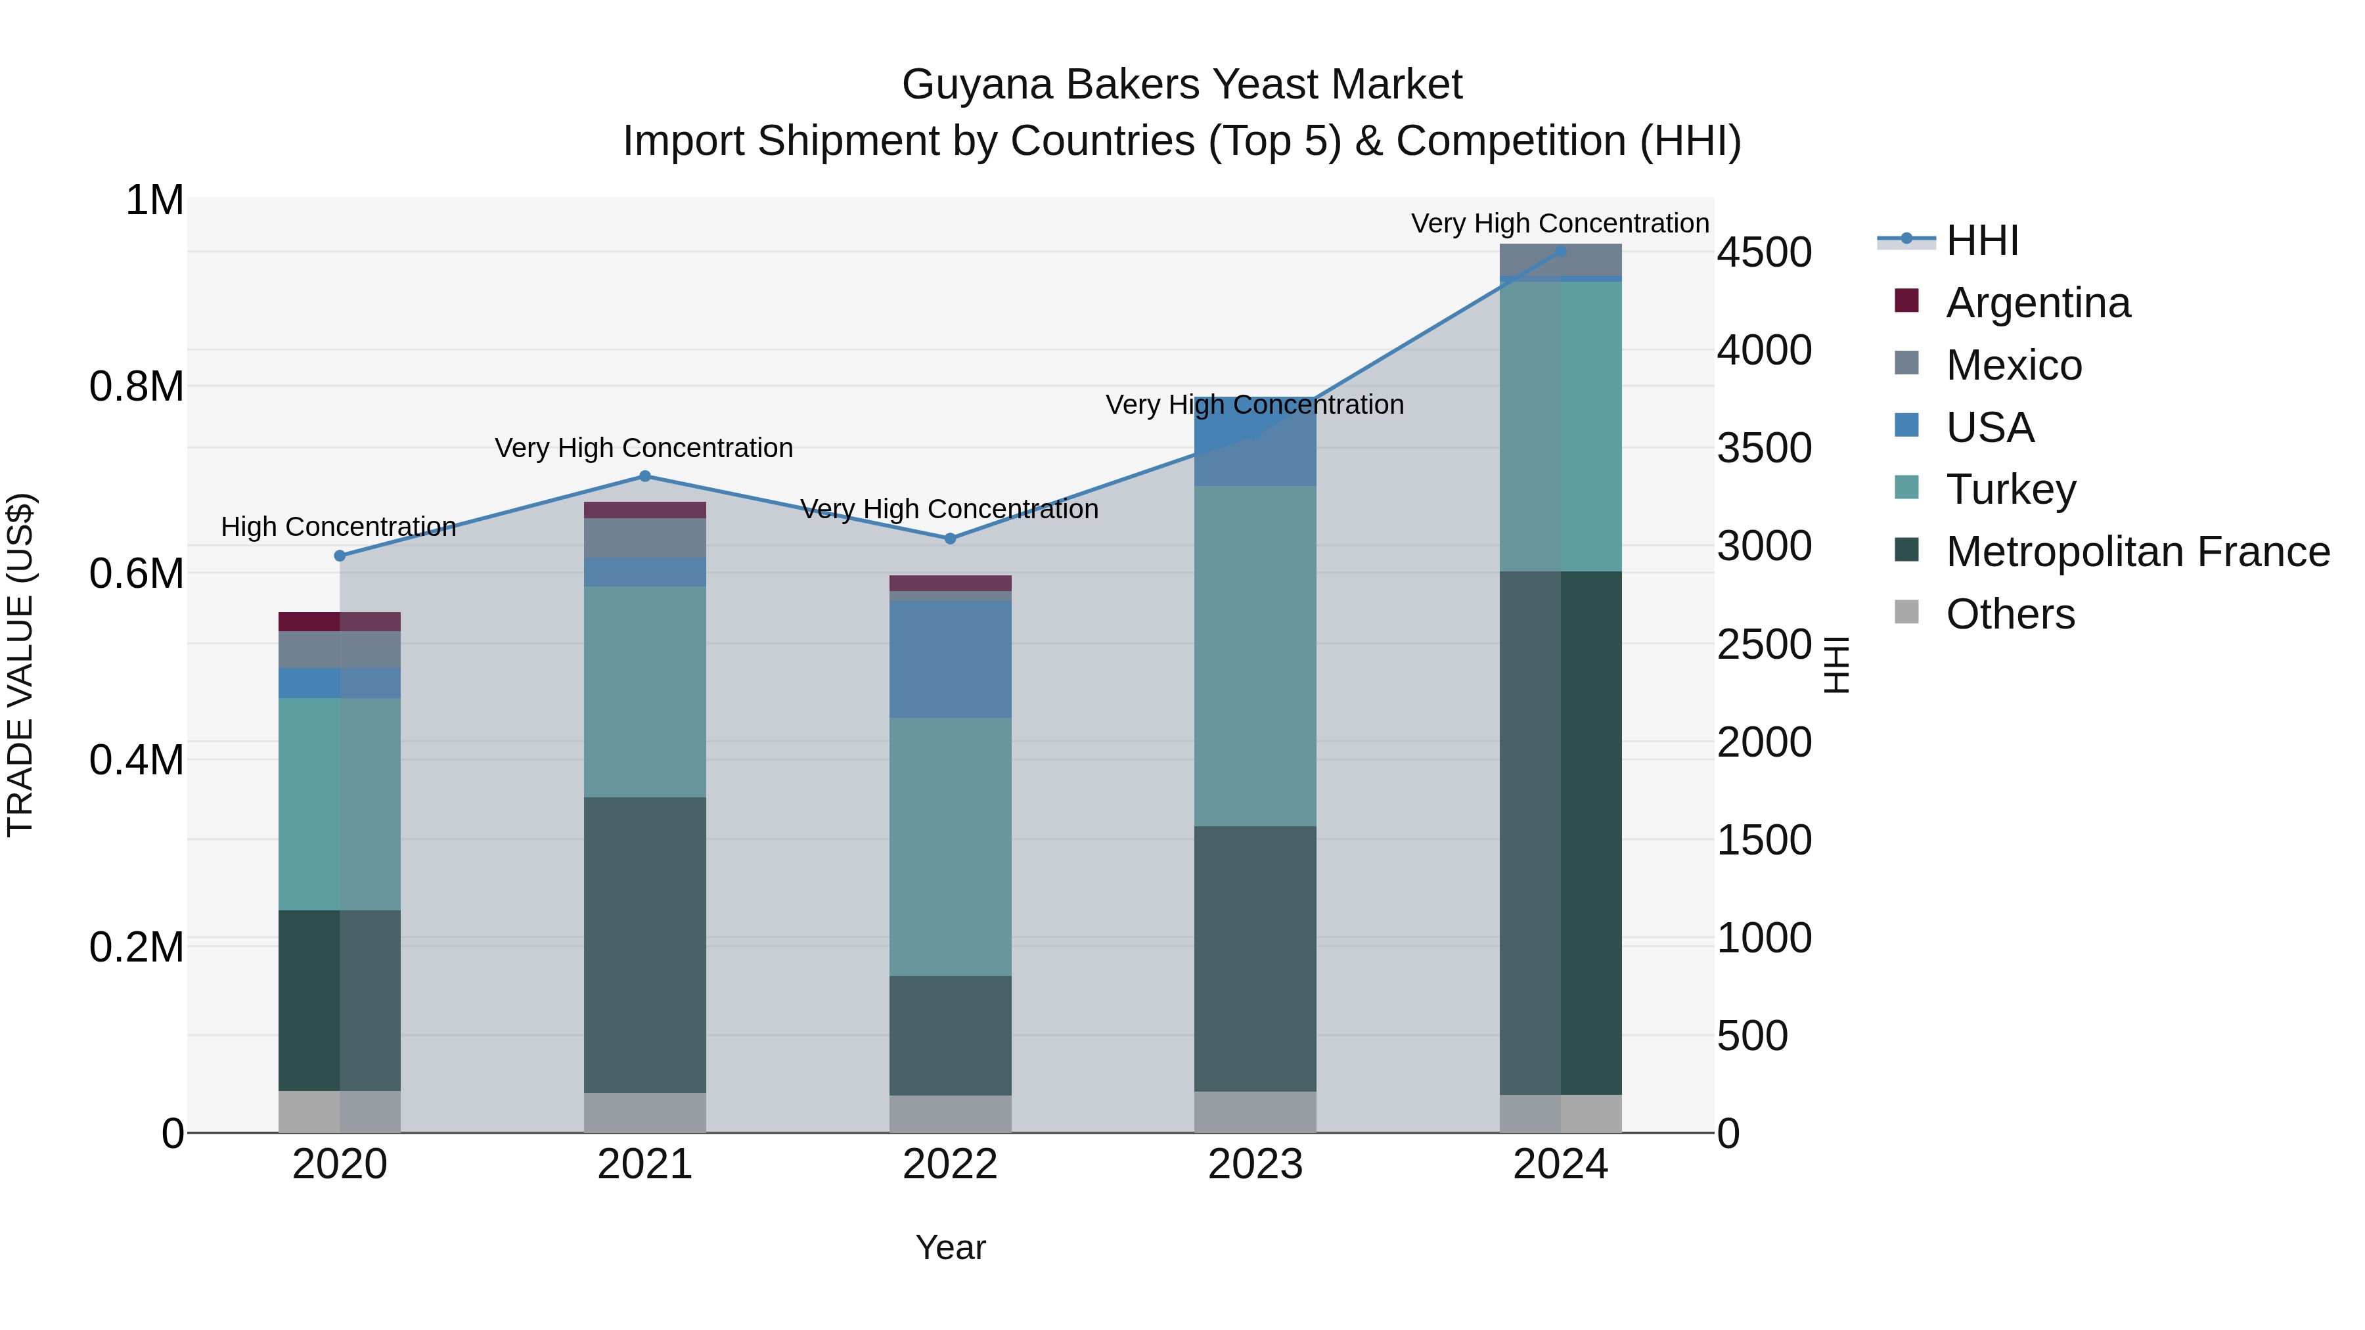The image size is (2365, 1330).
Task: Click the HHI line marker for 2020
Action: [x=340, y=555]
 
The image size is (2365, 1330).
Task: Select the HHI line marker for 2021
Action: [x=644, y=476]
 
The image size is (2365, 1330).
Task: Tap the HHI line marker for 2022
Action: [x=950, y=539]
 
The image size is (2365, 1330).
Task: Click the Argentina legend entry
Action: [x=2037, y=303]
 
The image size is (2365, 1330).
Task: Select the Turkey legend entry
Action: [x=2011, y=489]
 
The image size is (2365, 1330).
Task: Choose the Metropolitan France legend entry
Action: [x=2137, y=552]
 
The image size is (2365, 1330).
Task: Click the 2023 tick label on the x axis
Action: [x=1255, y=1164]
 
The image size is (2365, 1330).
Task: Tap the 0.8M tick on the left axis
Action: [x=137, y=386]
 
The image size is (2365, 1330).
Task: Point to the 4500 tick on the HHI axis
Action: [x=1764, y=252]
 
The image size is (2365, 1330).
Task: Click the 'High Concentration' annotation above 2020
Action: [x=339, y=527]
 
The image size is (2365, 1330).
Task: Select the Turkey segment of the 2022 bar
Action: [x=950, y=847]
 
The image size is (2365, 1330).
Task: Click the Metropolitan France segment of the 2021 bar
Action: [x=644, y=944]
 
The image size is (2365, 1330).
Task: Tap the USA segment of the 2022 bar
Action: [x=950, y=659]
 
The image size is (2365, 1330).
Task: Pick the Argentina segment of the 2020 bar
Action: [x=340, y=621]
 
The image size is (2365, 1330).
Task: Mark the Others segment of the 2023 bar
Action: [x=1255, y=1111]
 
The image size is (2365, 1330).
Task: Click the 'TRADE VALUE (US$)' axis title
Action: [x=20, y=665]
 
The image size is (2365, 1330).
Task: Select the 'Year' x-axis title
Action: [x=950, y=1247]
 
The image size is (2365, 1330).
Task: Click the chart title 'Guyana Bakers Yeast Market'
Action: [x=1182, y=85]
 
